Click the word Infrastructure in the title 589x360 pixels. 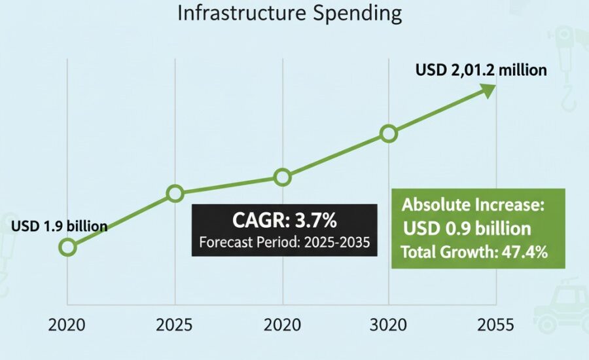(245, 14)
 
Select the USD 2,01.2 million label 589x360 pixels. (481, 69)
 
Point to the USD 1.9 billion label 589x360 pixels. (59, 226)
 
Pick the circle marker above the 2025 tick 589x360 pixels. (175, 193)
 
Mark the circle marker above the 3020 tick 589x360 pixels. (389, 134)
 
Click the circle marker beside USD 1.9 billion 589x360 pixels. (67, 247)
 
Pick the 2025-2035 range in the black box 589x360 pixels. (333, 242)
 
